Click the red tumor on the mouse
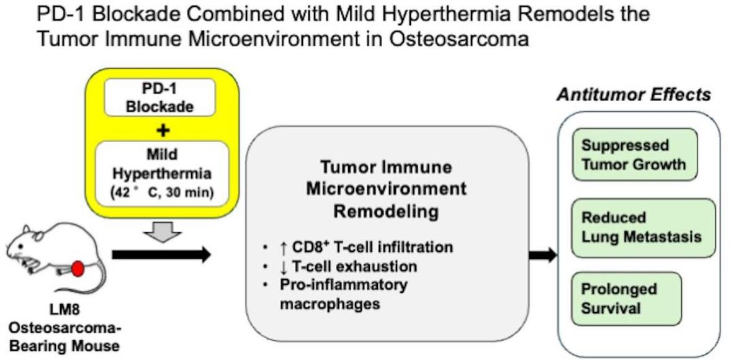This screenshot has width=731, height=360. (x=78, y=269)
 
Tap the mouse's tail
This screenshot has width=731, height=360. (x=96, y=280)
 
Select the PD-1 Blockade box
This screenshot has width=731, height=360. (x=160, y=97)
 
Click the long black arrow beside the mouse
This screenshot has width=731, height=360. (x=162, y=254)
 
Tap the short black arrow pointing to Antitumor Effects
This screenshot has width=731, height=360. (x=543, y=254)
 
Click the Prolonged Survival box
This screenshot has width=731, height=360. (x=626, y=299)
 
